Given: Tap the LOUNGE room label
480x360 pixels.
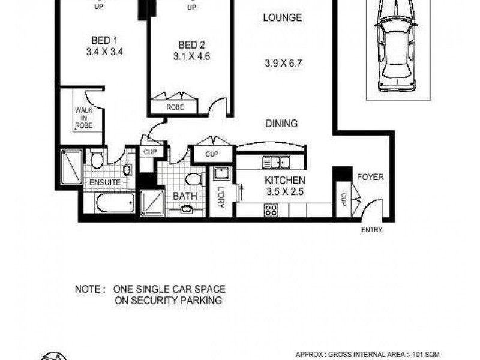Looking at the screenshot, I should (x=282, y=17).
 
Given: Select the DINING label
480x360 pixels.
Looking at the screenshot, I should (x=281, y=124).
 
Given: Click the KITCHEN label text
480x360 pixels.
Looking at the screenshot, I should (x=286, y=180).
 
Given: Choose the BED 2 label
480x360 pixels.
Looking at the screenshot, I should (x=192, y=44).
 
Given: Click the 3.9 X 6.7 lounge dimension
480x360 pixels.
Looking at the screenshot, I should (x=283, y=62).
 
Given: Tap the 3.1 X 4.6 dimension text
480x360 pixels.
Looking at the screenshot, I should (x=192, y=57).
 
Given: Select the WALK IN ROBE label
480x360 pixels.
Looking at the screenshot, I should (x=83, y=118).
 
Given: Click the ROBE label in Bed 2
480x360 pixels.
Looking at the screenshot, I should (x=175, y=108).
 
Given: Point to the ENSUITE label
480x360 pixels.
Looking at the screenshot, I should (x=106, y=182).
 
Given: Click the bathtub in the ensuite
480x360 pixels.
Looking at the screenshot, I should (x=115, y=203).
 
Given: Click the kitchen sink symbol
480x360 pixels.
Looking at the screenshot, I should (x=277, y=162).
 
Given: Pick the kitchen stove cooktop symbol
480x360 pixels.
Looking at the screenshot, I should (x=271, y=210).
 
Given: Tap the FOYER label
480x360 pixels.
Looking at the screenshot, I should (x=370, y=177).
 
